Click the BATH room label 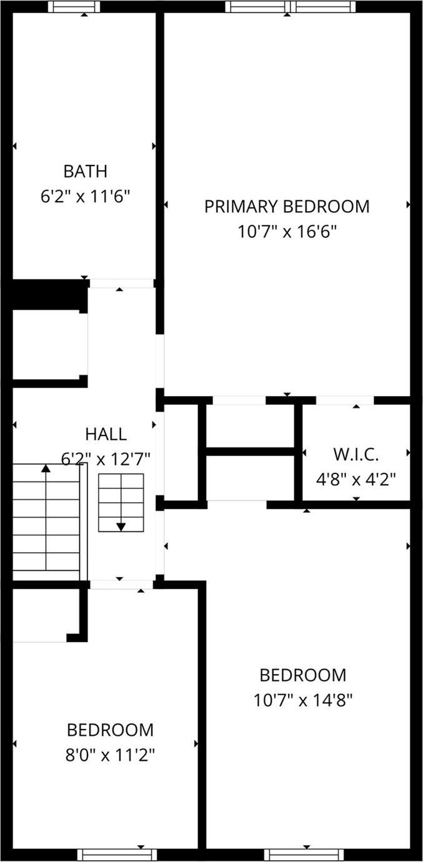85,171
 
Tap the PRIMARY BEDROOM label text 287,206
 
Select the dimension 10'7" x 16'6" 287,232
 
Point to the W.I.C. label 356,453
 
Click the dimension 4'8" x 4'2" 356,479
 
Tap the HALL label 106,433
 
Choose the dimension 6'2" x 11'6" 85,196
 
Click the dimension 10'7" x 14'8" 303,700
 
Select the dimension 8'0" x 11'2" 110,755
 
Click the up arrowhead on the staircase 46,468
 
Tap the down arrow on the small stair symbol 121,526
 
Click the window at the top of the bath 74,7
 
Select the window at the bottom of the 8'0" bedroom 117,855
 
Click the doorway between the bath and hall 121,283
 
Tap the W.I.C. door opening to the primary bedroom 345,400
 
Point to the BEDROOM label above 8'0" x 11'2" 110,730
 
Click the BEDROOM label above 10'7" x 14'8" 303,675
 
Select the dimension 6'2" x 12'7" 106,459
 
